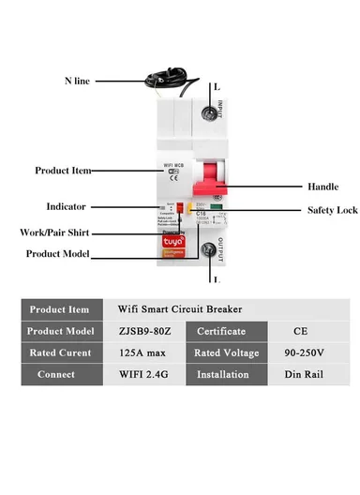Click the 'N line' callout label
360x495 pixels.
pyautogui.click(x=77, y=82)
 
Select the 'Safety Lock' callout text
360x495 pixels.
pyautogui.click(x=307, y=210)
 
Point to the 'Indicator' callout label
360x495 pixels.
pyautogui.click(x=66, y=206)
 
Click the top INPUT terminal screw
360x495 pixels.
pyautogui.click(x=207, y=115)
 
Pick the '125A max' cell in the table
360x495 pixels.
pyautogui.click(x=141, y=352)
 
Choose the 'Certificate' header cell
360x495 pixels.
pyautogui.click(x=221, y=331)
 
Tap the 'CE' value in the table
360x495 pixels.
pyautogui.click(x=302, y=331)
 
